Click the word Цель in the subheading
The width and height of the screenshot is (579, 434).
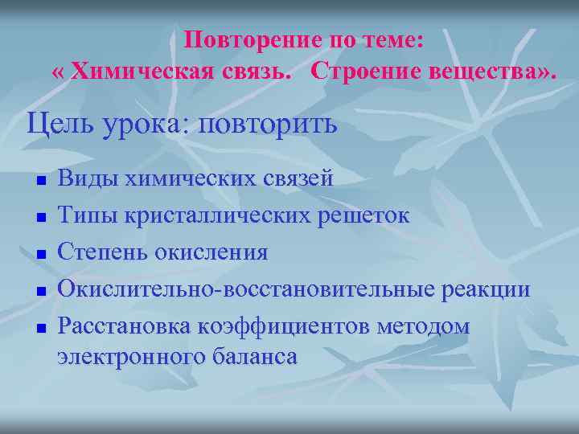[56, 125]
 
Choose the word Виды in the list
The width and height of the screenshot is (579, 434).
[86, 178]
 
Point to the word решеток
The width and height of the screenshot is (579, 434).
[366, 215]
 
